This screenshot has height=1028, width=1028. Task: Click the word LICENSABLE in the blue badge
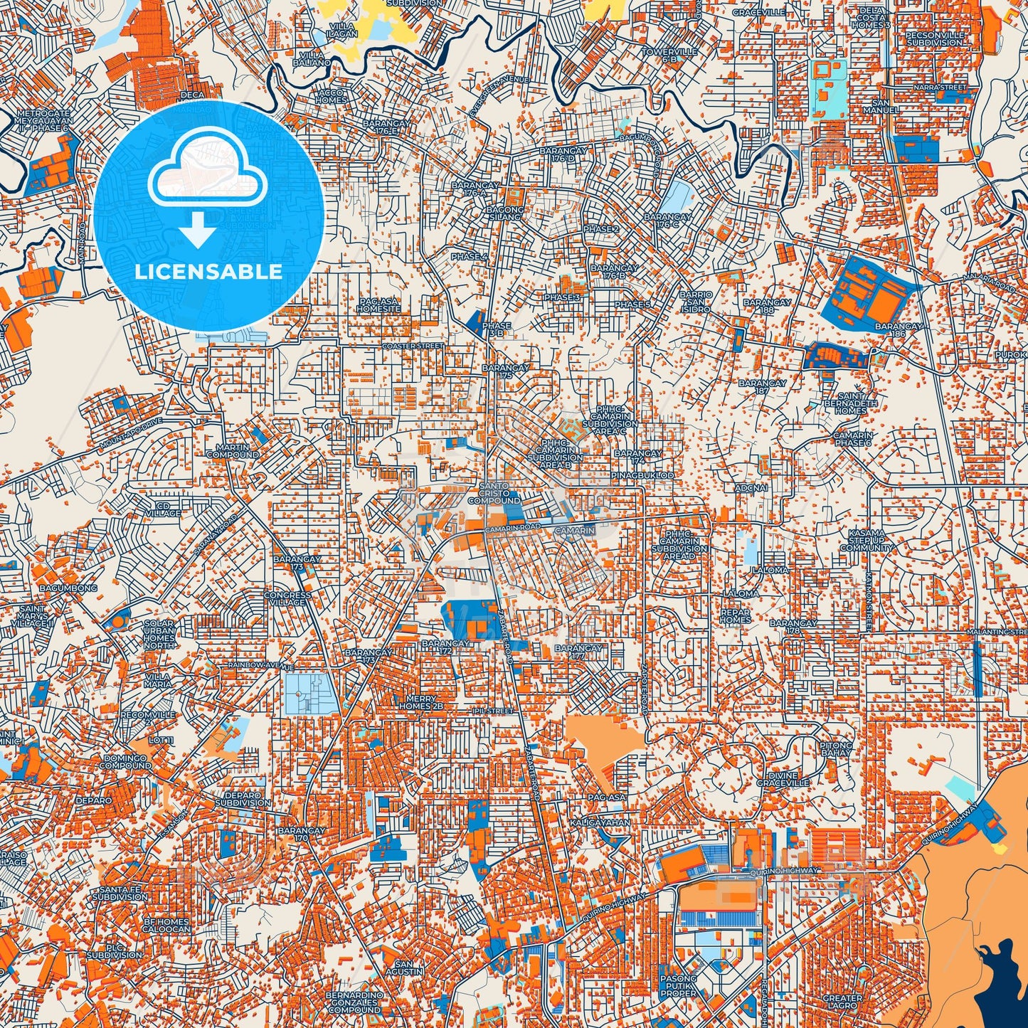point(208,272)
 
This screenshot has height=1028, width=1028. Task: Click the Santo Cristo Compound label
point(494,493)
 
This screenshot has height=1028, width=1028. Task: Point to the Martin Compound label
point(233,450)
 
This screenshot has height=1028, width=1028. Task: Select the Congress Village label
point(287,598)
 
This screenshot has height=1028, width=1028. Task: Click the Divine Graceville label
point(783,779)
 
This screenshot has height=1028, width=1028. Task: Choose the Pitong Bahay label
point(836,748)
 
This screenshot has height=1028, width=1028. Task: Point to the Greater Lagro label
point(842,1002)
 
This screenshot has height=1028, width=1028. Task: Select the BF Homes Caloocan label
point(167,925)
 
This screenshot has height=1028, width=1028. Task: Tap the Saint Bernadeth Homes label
point(851,403)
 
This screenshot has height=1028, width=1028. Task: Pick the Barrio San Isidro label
point(695,302)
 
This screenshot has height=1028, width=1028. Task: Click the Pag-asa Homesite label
point(378,305)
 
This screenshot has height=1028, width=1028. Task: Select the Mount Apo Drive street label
point(131,433)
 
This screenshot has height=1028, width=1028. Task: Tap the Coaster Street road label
point(413,346)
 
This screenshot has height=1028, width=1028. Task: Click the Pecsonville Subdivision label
point(935,38)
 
